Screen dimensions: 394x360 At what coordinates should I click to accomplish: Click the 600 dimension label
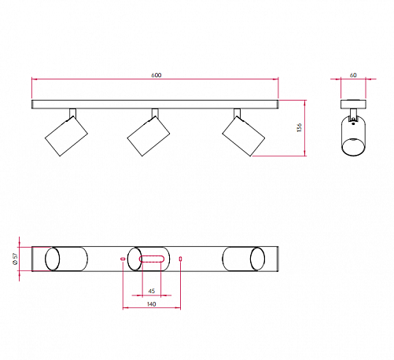coord(156,75)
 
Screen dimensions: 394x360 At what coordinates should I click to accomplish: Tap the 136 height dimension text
coord(300,127)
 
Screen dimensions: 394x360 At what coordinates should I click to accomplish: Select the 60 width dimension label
coord(353,75)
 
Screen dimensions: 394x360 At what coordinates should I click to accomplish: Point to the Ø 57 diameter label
coord(16,259)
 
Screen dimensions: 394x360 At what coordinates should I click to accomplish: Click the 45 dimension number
coord(152,291)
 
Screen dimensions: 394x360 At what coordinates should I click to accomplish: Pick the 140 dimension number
coord(152,304)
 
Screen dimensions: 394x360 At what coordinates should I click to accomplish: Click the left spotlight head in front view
coord(66,136)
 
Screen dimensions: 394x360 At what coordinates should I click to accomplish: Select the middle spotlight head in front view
coord(149,136)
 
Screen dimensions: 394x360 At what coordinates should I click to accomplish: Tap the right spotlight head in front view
coord(244,136)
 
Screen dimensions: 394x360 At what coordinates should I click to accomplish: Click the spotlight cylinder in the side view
coord(353,136)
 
